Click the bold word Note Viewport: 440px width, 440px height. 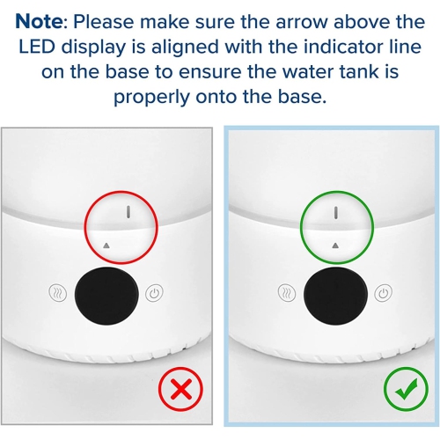pos(39,21)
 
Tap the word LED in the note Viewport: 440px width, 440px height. pos(37,47)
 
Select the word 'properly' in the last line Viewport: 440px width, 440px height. pos(151,98)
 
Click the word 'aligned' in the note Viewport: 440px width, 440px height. pos(185,48)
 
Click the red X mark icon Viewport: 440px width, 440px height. pos(180,389)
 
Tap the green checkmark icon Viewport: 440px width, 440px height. pos(406,389)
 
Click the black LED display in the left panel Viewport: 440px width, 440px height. pos(106,295)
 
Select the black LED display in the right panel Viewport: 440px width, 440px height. pos(335,295)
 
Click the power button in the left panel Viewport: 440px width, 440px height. pos(154,292)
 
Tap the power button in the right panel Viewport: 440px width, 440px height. pos(383,292)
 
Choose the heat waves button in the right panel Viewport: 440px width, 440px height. pos(286,292)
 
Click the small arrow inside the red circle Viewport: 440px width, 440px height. pos(106,246)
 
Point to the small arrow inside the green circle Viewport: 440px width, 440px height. pos(336,246)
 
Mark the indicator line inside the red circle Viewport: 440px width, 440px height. pos(128,212)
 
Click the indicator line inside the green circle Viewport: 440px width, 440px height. pos(336,213)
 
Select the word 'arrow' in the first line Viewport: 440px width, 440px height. pos(301,22)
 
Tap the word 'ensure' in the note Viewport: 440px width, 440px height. pos(209,73)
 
